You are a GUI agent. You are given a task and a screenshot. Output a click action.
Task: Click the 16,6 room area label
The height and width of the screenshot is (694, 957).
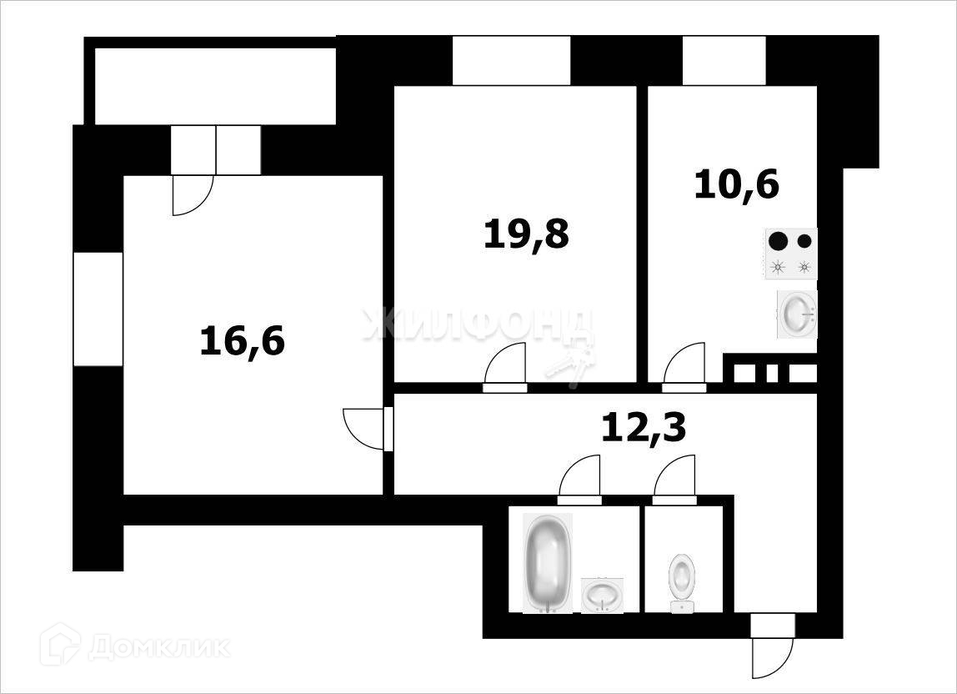[x=243, y=341]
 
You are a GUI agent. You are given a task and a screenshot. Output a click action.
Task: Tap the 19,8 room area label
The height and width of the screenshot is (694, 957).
[x=526, y=234]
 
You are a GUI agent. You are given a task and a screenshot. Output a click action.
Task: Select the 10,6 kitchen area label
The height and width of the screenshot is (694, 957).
[x=736, y=184]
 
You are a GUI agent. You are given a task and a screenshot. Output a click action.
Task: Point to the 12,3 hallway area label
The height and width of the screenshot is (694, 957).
[x=644, y=428]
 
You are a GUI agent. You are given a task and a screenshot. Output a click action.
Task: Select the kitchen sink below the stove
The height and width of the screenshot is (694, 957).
[x=797, y=314]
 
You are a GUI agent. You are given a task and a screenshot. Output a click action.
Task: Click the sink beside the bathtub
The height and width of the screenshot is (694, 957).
[x=601, y=595]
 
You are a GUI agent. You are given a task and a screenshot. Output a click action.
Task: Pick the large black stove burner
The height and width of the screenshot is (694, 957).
[x=778, y=242]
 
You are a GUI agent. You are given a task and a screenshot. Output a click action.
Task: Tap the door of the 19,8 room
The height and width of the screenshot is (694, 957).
[x=507, y=367]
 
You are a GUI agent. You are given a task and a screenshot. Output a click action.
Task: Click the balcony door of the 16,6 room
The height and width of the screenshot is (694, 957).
[x=193, y=194]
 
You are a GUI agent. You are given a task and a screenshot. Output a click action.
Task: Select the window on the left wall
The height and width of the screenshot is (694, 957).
[x=98, y=309]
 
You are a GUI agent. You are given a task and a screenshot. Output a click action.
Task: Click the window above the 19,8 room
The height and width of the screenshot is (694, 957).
[x=511, y=60]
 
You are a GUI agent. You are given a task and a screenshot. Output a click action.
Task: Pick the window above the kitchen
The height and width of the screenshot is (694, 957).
[x=724, y=60]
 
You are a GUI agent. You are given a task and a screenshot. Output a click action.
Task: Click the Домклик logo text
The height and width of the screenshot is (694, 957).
[x=158, y=648]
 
